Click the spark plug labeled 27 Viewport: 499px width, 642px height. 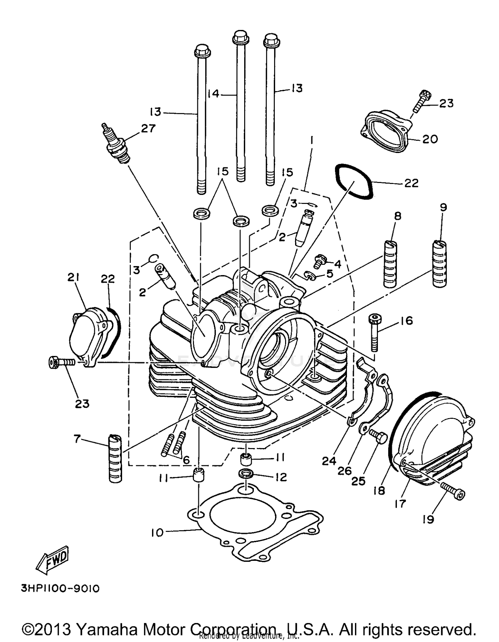click(x=117, y=144)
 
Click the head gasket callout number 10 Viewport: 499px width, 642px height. click(x=157, y=533)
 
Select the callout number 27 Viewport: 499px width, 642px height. click(x=148, y=128)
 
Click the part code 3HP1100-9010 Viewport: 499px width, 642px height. click(x=60, y=589)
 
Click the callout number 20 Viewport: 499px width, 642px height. click(x=430, y=139)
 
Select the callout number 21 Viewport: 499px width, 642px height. click(x=73, y=277)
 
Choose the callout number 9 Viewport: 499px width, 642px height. click(x=443, y=208)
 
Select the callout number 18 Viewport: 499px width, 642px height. click(x=379, y=490)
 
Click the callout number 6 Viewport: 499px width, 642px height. click(x=186, y=460)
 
